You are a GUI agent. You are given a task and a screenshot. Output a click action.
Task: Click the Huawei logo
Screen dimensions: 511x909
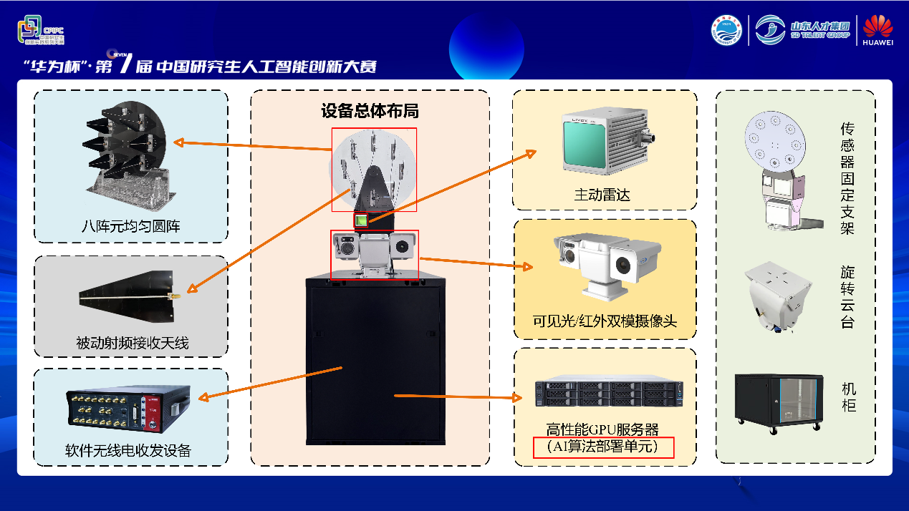[x=878, y=30]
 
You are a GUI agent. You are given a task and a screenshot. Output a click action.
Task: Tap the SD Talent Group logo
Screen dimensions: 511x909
[x=804, y=30]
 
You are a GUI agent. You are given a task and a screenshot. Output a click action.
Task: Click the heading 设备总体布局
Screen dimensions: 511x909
[x=370, y=111]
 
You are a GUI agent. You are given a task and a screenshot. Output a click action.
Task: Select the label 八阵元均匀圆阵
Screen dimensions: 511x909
[x=130, y=227]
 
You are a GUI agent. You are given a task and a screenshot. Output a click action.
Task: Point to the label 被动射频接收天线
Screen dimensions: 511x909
[x=132, y=344]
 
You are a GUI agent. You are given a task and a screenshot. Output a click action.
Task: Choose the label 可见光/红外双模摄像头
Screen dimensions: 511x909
[x=605, y=321]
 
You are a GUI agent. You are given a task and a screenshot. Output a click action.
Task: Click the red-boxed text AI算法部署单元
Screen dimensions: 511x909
[x=603, y=447]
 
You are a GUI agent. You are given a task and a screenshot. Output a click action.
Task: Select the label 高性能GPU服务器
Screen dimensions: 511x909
[x=602, y=429]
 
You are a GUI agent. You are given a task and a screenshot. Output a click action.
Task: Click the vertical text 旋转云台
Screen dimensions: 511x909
[x=848, y=297]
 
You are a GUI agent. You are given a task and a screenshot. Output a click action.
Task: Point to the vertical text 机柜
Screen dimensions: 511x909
[x=849, y=397]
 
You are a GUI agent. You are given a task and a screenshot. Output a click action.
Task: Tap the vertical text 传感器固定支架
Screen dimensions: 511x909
[x=848, y=179]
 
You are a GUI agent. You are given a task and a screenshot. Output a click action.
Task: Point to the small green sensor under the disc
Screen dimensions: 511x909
[x=362, y=220]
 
